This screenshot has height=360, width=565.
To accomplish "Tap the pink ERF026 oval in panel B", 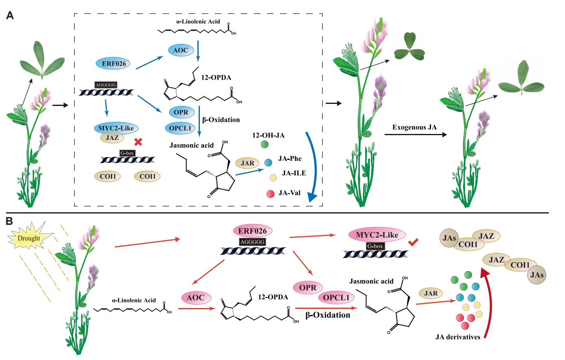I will pos(252,231).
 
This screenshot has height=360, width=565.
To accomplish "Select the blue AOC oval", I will pos(180,50).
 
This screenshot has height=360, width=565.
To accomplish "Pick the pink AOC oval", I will pos(195,297).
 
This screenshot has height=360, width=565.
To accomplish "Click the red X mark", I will pos(138,142).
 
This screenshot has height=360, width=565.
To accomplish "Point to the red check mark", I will pos(413,242).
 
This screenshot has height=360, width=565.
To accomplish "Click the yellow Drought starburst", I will pos(29,238).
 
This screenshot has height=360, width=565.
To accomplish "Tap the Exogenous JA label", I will pos(414,127).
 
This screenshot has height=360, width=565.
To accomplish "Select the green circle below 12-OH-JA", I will pos(264,144).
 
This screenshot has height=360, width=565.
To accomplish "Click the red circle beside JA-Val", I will pos(270,194).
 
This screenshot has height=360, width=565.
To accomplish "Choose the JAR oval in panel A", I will pos(247,163).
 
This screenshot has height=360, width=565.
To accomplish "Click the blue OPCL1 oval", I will pos(180,128).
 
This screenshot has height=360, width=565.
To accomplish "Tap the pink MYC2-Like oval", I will pos(377,235).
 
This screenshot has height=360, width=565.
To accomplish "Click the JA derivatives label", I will pos(458,337).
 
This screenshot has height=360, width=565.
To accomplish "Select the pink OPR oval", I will pos(307,288).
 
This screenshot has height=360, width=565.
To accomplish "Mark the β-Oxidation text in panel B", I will pos(328,315).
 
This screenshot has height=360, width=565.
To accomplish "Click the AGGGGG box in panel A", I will pos(106,85).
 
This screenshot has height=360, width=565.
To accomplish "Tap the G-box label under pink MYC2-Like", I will pos(375,246).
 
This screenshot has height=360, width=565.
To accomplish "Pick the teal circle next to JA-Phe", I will pos(268,163).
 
